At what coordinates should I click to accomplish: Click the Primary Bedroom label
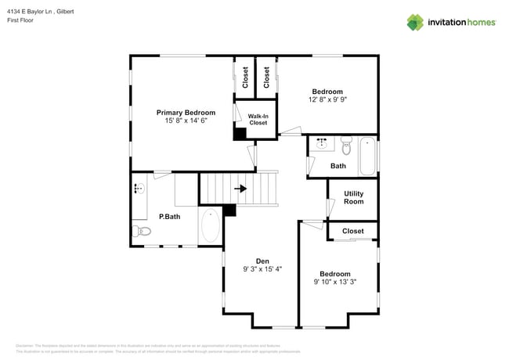click(186, 113)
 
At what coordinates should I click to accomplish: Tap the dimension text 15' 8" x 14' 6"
click(186, 121)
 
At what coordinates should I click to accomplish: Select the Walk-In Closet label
click(258, 120)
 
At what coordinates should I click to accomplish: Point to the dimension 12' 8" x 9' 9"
click(327, 100)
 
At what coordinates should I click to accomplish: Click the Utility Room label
click(353, 197)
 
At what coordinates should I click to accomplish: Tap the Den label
click(262, 261)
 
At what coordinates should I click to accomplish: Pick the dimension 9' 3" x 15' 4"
click(262, 269)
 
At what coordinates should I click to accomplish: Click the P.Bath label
click(170, 217)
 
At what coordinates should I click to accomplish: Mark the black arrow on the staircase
click(240, 189)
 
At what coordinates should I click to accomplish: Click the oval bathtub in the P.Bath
click(211, 227)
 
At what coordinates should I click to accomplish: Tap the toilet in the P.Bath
click(141, 231)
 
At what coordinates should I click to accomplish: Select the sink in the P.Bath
click(139, 189)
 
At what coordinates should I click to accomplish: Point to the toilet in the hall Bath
click(347, 142)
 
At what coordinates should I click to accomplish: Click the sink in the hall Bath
click(321, 143)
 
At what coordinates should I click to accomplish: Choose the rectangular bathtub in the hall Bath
click(368, 156)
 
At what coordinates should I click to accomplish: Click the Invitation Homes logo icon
click(414, 22)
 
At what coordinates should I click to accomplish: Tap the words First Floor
click(21, 20)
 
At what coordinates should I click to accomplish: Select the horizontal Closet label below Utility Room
click(353, 231)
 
